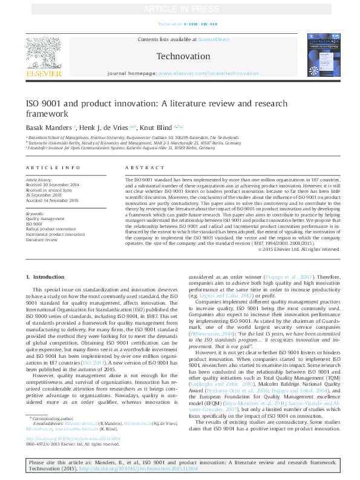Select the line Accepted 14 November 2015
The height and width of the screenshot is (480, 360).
[52, 200]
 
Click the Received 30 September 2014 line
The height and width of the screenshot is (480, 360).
[53, 186]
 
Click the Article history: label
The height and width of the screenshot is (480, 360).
[39, 180]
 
